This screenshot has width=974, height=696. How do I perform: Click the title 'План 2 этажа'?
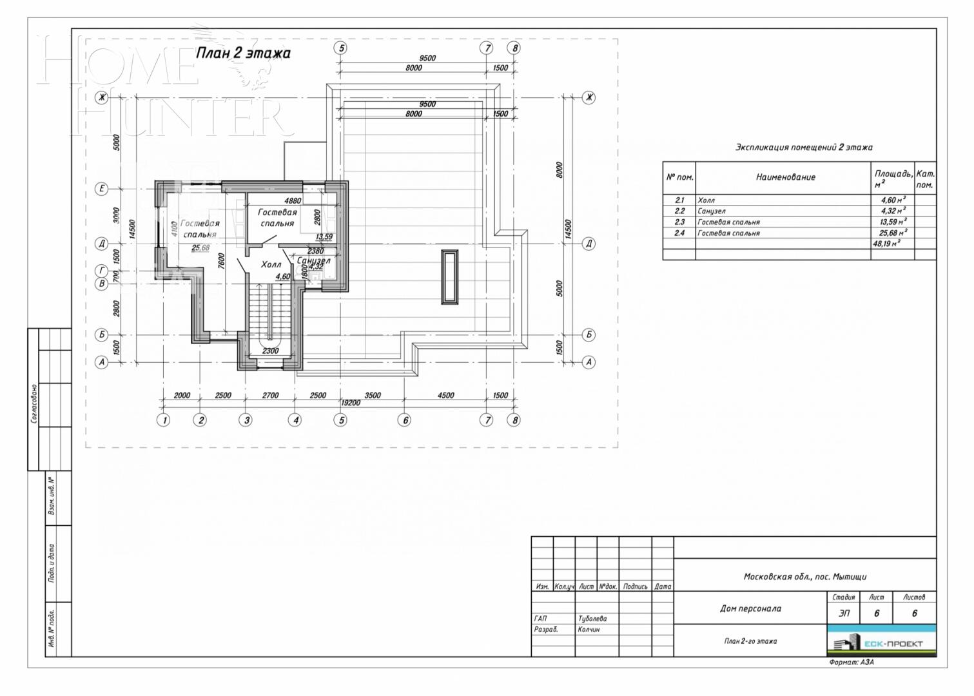243,53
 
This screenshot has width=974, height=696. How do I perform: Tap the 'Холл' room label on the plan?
271,264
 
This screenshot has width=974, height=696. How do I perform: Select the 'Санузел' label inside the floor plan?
313,260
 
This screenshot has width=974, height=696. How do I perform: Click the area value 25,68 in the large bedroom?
200,247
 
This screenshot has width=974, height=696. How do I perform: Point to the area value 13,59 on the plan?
324,237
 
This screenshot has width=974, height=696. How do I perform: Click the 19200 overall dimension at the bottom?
350,402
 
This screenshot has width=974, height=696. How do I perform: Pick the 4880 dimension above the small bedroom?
293,200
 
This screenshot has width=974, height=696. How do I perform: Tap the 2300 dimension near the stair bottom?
271,351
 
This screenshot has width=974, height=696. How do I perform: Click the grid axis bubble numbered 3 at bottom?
246,420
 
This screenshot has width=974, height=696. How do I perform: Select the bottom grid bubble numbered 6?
405,420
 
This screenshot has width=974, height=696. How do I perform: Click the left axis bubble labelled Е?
101,189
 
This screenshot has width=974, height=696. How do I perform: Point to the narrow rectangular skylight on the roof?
449,276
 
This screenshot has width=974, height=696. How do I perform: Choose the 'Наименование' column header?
785,177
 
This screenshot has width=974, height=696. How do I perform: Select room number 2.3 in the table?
679,222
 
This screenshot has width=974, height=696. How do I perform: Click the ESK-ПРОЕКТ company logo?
881,642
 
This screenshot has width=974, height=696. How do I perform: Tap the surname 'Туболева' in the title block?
592,619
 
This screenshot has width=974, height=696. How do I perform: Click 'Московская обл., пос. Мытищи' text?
805,577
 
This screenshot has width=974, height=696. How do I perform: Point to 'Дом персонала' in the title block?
750,608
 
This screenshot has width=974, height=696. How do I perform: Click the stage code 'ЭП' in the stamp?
843,614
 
